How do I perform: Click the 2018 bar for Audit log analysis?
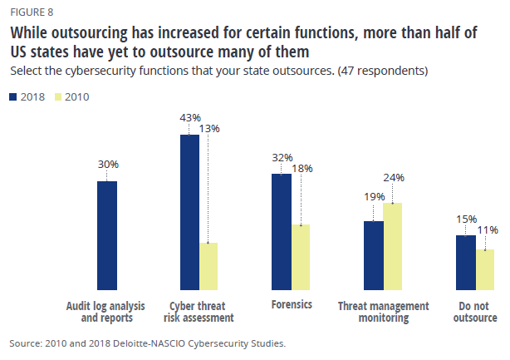point(107,235)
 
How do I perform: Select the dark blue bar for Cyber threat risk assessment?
point(189,212)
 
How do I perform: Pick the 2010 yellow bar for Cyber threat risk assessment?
point(208,266)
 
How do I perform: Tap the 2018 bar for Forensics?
point(282,231)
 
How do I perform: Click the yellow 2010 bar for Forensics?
point(301,257)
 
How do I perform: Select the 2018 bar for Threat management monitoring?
point(374,255)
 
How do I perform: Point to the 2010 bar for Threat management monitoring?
point(393,246)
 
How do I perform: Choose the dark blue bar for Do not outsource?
point(466,262)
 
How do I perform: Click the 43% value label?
point(190,117)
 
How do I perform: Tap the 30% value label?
point(108,165)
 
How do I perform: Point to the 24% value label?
point(395,177)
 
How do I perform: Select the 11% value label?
point(488,229)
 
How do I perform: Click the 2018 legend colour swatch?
point(13,97)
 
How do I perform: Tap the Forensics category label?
point(292,304)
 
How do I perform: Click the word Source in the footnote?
point(26,343)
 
